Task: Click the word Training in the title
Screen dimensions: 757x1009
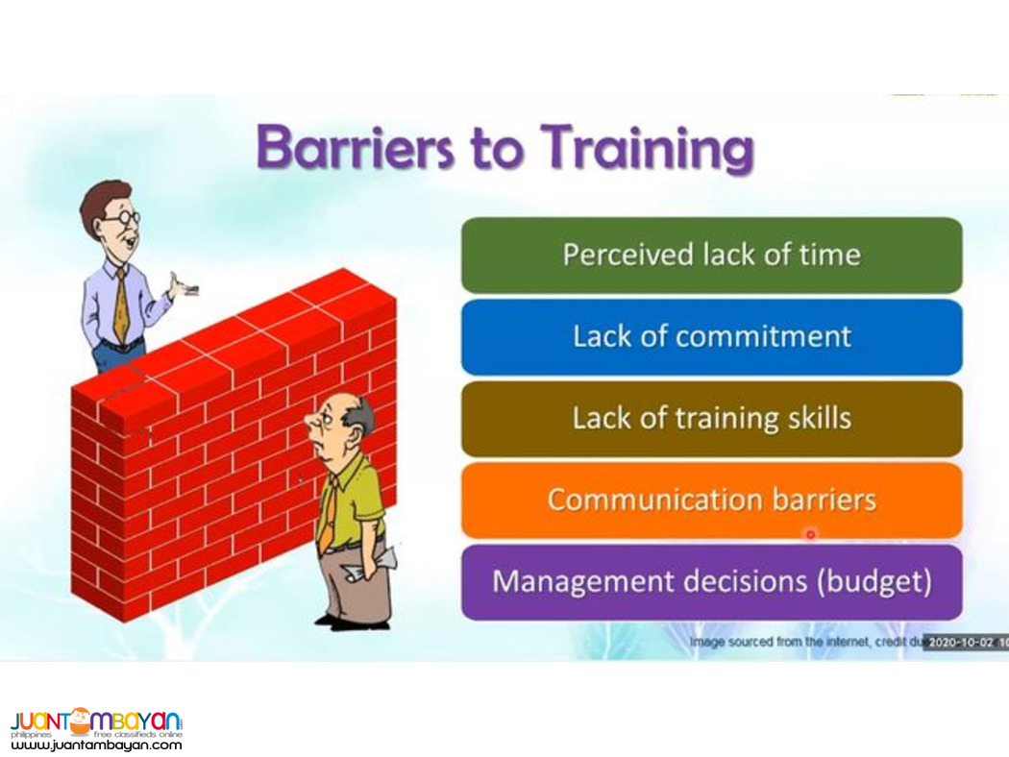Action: point(646,150)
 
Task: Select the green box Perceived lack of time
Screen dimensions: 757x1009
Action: point(711,255)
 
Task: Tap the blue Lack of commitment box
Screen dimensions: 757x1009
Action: point(711,336)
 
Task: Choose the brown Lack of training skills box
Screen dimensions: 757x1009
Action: point(711,419)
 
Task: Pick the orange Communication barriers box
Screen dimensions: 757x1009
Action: point(711,501)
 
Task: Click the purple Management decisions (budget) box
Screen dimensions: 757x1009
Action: point(711,582)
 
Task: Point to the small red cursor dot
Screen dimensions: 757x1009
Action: point(810,533)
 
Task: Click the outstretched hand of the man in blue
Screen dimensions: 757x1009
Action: point(181,286)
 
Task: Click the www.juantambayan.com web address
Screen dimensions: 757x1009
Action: point(96,745)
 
